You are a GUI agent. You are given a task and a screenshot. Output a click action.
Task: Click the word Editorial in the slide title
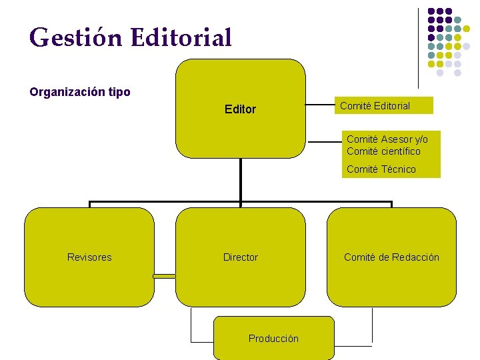coord(181,37)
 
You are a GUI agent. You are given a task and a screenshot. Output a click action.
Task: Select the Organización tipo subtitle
coord(80,92)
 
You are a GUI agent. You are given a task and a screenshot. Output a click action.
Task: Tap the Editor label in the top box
coord(240,109)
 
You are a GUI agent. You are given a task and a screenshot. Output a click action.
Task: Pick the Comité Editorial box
coord(375,105)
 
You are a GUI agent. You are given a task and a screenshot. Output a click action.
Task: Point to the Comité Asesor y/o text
coord(387,139)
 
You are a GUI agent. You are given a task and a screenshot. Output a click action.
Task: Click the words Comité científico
coord(383,151)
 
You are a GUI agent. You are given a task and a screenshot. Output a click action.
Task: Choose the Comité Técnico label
coord(381,169)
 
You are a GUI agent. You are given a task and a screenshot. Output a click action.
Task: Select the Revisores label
coord(89,257)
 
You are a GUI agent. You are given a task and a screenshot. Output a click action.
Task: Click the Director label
coord(240,257)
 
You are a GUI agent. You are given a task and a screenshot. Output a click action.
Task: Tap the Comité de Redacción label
coord(391,257)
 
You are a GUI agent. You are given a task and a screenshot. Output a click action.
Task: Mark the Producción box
coord(273,339)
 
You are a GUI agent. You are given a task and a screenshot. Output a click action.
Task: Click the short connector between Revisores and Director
coord(164,275)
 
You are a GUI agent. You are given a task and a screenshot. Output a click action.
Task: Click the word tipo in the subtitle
coord(118,92)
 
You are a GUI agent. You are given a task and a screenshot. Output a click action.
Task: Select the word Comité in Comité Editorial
coord(355,105)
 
